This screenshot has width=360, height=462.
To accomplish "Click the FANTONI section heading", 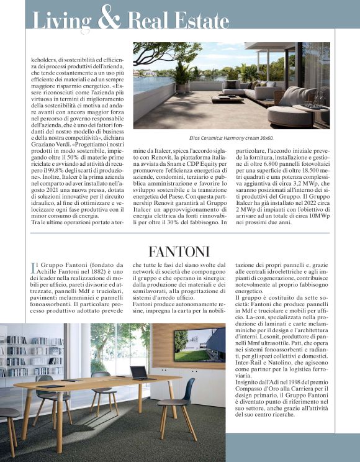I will tap(179, 251).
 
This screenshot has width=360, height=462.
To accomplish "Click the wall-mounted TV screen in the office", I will tap(199, 345).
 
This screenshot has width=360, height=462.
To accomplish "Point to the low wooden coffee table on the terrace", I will tap(227, 99).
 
